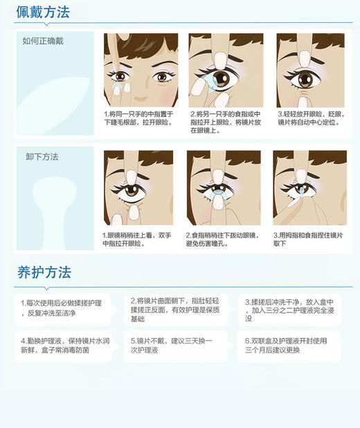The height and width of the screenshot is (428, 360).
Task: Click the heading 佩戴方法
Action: click(43, 11)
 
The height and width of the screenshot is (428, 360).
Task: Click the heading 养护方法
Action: click(44, 272)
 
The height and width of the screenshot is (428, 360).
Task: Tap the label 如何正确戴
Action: click(43, 41)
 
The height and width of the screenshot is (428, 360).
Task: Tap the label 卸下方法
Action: click(41, 157)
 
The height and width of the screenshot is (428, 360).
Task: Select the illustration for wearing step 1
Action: click(141, 69)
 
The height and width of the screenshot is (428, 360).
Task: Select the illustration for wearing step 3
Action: click(309, 69)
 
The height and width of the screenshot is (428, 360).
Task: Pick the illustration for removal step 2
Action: click(223, 186)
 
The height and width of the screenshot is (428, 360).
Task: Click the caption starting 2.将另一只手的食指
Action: click(225, 122)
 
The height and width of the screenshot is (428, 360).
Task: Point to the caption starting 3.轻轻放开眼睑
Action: click(311, 118)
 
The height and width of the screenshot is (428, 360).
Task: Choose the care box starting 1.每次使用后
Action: click(66, 308)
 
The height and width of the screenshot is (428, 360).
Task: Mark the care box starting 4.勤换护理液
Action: click(66, 346)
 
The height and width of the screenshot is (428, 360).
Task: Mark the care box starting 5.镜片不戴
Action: click(177, 346)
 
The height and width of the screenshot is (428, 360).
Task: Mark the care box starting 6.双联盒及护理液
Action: click(290, 346)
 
